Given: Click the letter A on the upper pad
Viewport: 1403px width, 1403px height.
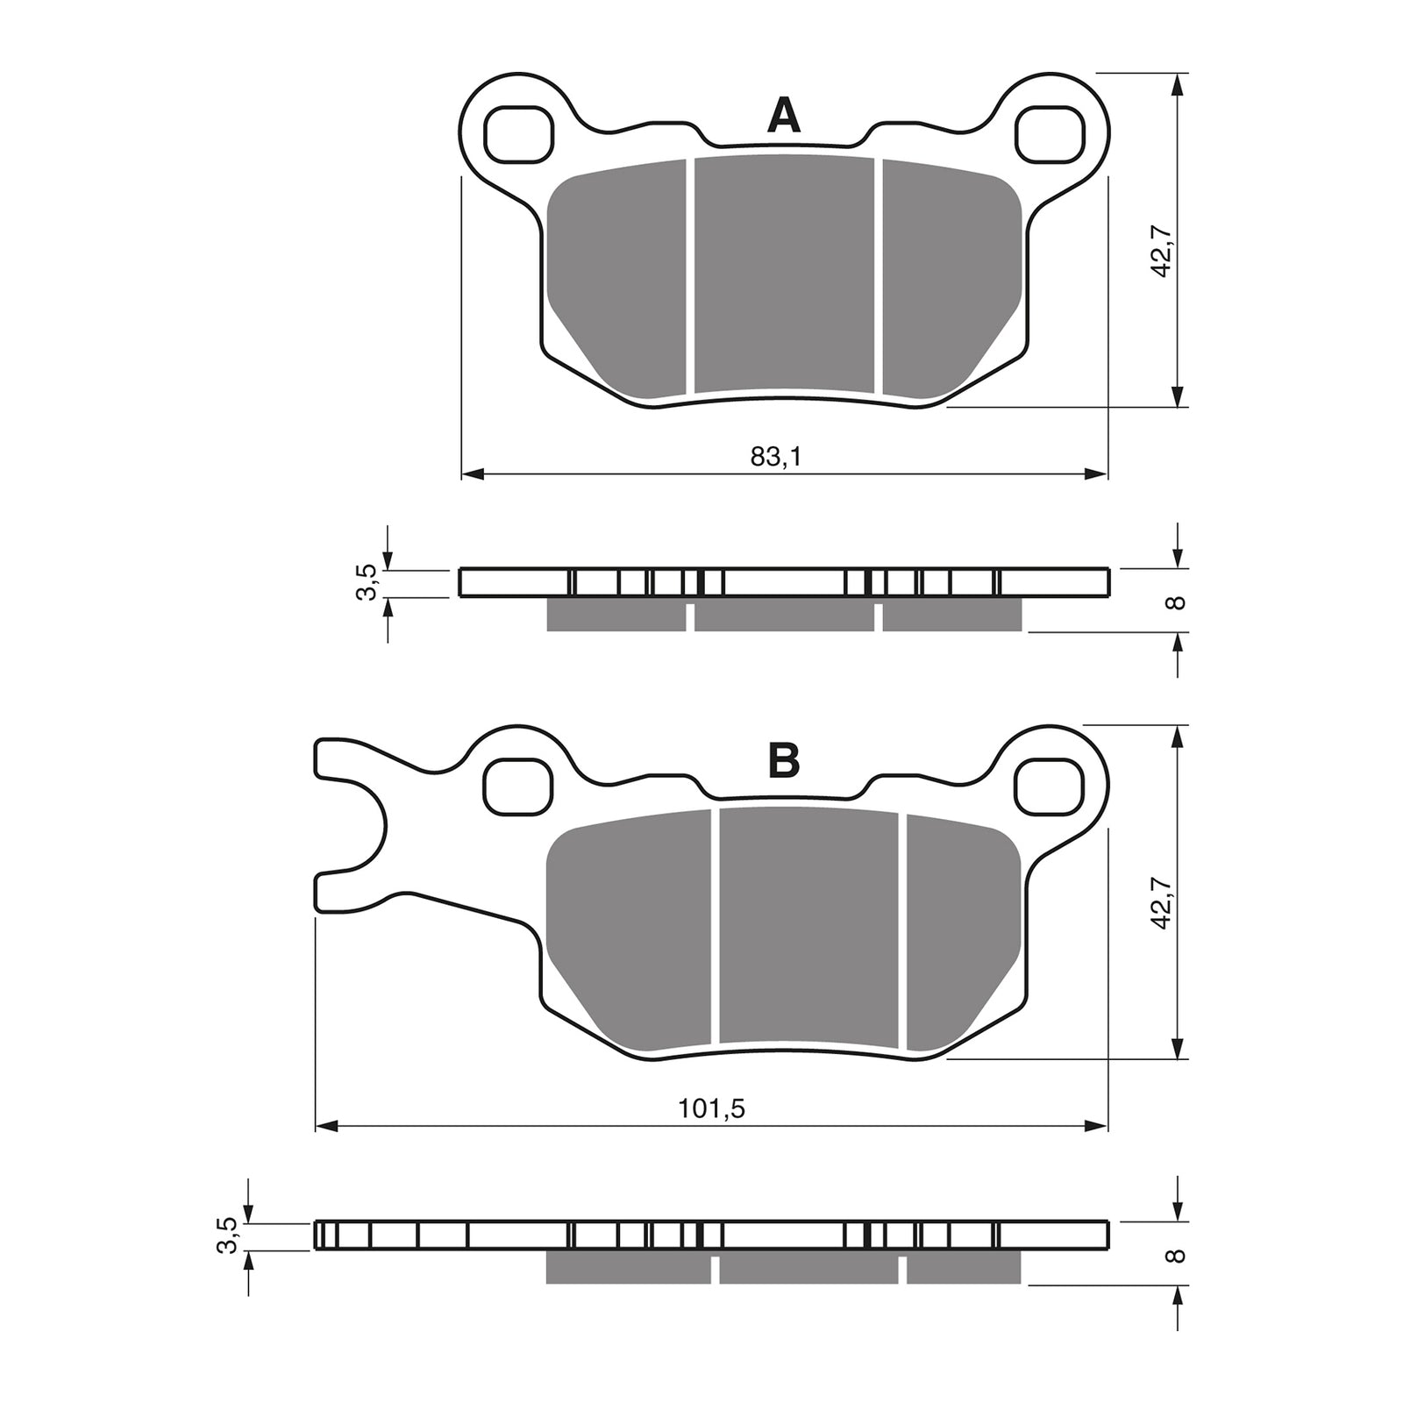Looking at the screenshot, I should [x=783, y=116].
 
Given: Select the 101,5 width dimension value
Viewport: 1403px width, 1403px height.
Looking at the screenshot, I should [x=712, y=1108].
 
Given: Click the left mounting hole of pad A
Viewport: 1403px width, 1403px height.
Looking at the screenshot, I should [x=519, y=134].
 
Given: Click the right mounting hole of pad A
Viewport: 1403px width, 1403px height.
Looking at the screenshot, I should [x=1049, y=134].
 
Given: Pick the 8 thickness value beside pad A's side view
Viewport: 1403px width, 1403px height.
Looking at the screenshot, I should [x=1178, y=602].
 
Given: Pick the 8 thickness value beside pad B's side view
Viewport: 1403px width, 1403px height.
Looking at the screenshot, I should [x=1178, y=1255].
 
